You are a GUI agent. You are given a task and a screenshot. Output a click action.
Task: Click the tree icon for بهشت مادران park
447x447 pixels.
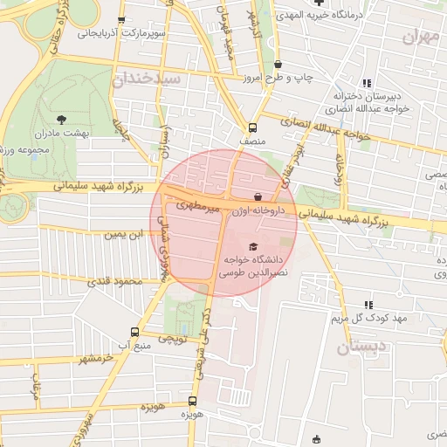(60, 120)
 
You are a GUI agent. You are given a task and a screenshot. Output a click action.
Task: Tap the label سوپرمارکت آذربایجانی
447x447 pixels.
(121, 34)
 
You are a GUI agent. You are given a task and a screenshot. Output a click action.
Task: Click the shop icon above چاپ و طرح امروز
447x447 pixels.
(278, 64)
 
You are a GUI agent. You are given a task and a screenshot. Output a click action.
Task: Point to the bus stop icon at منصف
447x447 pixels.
(252, 126)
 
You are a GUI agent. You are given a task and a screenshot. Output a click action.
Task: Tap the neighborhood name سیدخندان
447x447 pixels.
(146, 79)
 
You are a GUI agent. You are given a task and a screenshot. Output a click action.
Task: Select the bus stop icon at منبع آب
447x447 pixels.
(134, 332)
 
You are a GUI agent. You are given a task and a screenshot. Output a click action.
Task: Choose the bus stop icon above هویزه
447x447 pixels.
(192, 401)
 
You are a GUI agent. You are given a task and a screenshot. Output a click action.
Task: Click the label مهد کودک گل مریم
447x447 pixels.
(368, 319)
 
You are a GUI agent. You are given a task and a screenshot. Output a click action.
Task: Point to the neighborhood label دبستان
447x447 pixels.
(359, 347)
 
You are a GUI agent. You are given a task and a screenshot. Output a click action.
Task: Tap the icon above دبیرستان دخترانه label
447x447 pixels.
(367, 83)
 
